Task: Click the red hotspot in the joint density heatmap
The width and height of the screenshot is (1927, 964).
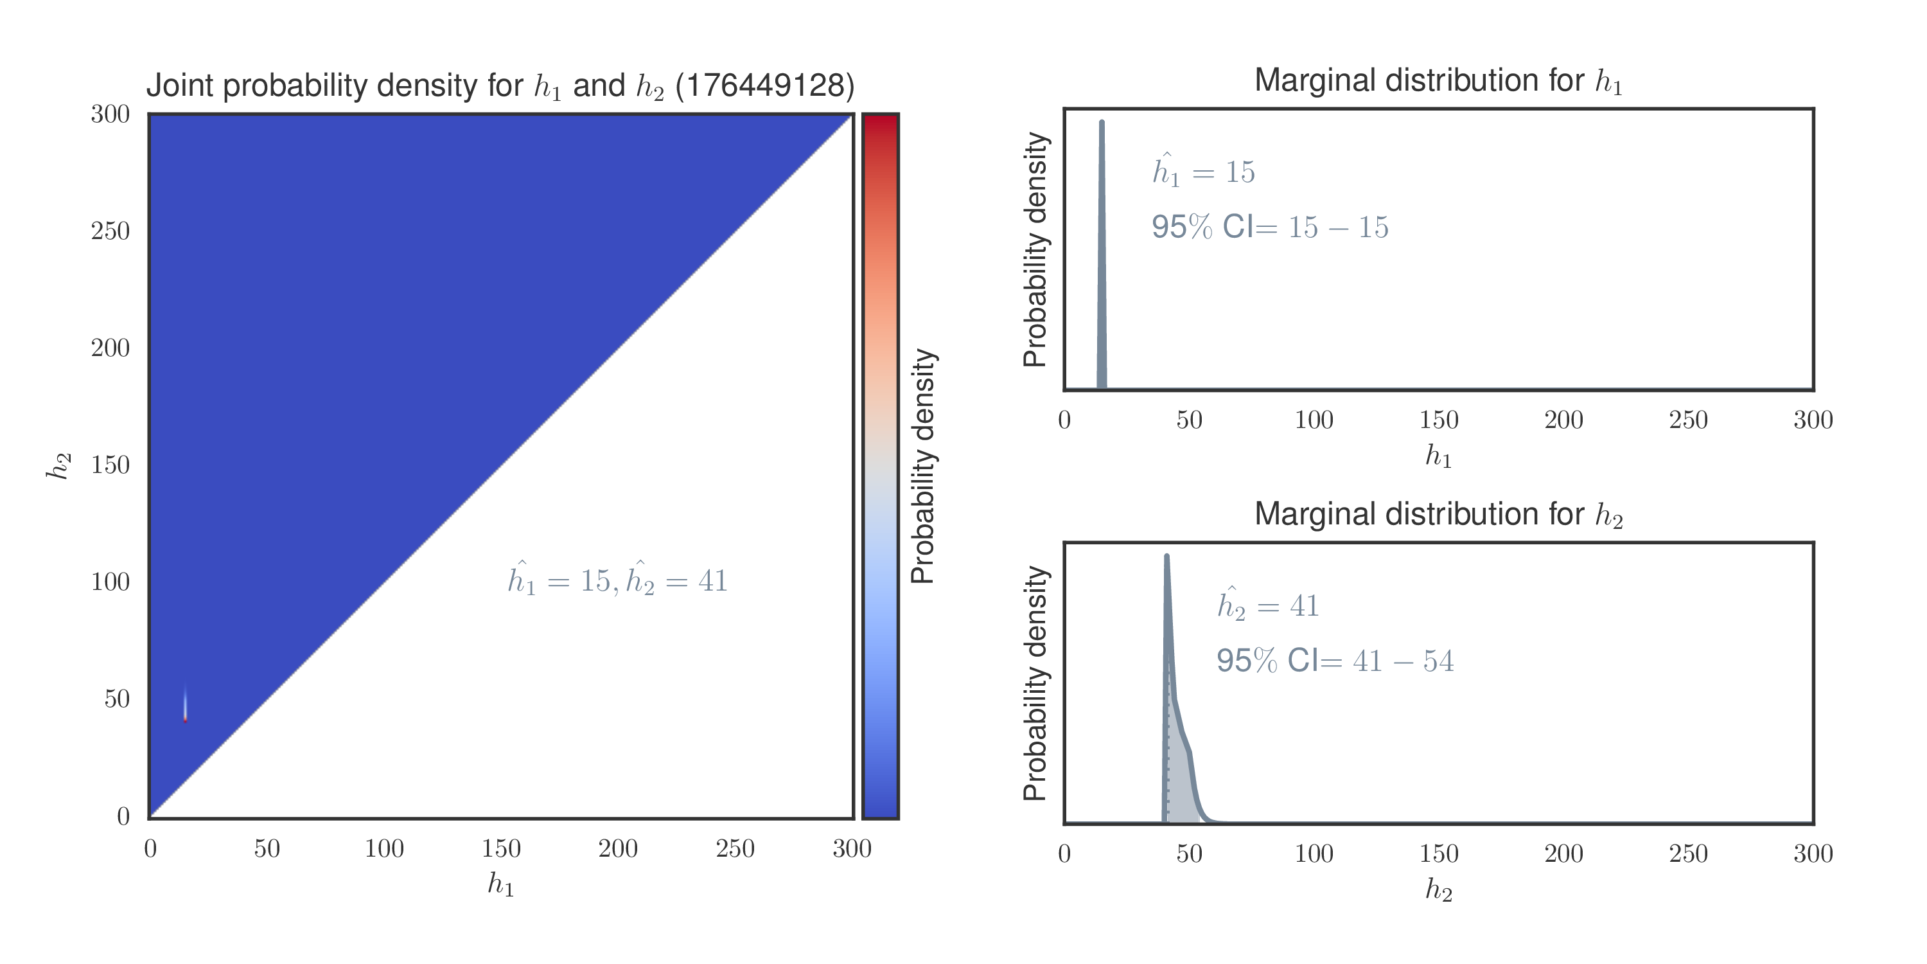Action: pyautogui.click(x=185, y=719)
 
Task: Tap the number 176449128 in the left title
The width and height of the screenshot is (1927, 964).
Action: pyautogui.click(x=764, y=86)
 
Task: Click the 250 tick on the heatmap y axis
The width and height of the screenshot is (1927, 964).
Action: pyautogui.click(x=110, y=231)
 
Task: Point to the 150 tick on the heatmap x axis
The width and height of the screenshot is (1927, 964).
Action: pyautogui.click(x=500, y=849)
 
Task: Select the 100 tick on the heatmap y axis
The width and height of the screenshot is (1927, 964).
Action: pyautogui.click(x=110, y=582)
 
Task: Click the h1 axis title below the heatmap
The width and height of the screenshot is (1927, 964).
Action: pyautogui.click(x=500, y=885)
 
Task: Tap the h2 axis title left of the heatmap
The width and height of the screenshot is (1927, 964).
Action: pyautogui.click(x=58, y=465)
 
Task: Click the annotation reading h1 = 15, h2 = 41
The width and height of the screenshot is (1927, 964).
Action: pyautogui.click(x=617, y=581)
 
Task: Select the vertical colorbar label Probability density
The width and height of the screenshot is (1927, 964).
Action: pyautogui.click(x=923, y=465)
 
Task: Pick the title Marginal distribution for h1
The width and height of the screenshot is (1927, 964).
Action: pyautogui.click(x=1438, y=81)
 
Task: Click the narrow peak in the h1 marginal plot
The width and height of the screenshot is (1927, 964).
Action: pyautogui.click(x=1101, y=127)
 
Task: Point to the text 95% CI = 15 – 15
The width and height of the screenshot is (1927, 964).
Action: pyautogui.click(x=1269, y=227)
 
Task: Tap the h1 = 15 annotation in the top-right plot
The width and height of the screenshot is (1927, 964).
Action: pyautogui.click(x=1203, y=172)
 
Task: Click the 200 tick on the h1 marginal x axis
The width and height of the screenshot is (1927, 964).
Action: pyautogui.click(x=1563, y=420)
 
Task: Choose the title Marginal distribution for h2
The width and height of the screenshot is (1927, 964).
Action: pyautogui.click(x=1438, y=515)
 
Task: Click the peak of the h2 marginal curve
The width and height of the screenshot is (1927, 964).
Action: pyautogui.click(x=1166, y=558)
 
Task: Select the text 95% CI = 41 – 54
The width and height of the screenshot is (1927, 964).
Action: pyautogui.click(x=1335, y=661)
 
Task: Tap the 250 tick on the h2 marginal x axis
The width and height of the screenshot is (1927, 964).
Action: pyautogui.click(x=1688, y=854)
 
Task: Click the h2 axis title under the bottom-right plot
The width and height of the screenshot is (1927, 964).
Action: pyautogui.click(x=1438, y=890)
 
